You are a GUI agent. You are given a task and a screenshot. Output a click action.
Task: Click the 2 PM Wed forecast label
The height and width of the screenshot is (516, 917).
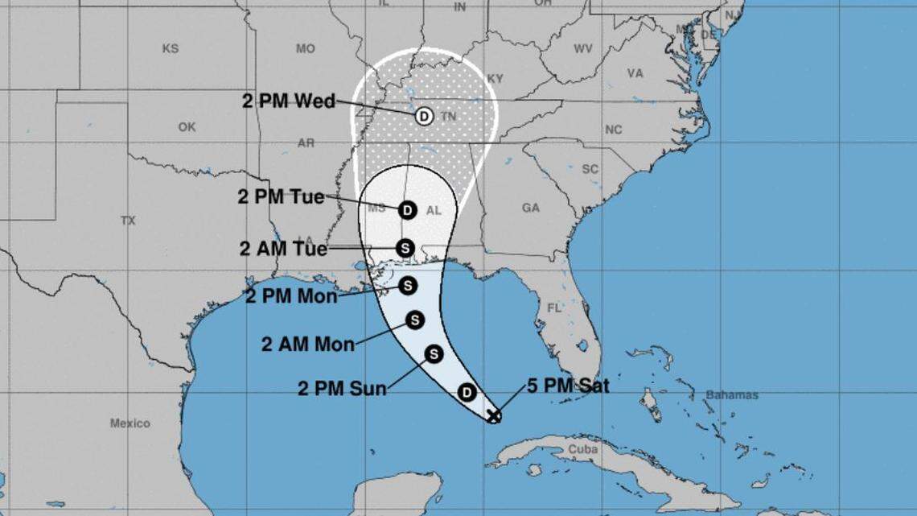pos(289,101)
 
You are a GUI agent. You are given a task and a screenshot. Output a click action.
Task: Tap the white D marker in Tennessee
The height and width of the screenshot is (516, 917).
pos(424,116)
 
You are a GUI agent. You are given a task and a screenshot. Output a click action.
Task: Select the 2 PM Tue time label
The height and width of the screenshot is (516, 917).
pos(281,196)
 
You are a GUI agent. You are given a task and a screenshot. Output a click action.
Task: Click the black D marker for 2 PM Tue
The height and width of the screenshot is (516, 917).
pos(407,210)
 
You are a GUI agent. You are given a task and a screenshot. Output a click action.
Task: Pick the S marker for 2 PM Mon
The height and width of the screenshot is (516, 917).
pos(408,285)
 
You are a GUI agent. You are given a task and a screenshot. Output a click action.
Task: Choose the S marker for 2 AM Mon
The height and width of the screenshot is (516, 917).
pos(414,320)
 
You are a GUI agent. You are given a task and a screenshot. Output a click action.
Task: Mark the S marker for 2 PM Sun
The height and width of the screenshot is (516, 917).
pos(434,353)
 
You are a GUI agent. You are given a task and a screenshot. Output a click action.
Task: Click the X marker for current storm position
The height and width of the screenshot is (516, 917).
pos(494,415)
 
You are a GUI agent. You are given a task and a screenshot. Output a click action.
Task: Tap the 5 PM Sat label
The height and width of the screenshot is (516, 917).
pos(568,386)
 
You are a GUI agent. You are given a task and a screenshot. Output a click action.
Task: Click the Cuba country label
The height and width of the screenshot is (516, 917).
pos(582,449)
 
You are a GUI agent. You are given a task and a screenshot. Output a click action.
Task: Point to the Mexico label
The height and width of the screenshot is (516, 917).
pos(130,423)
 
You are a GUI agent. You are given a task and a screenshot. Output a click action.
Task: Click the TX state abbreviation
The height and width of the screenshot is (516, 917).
pos(128,220)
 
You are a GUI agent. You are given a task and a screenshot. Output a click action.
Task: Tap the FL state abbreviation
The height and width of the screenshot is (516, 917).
pos(553,308)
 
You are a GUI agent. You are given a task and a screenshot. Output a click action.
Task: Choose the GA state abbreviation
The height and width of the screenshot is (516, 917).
pos(531,208)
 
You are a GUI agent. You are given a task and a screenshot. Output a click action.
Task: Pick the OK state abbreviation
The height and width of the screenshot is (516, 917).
pos(187,127)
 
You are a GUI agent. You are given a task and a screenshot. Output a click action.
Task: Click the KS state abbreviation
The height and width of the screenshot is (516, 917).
pos(170,48)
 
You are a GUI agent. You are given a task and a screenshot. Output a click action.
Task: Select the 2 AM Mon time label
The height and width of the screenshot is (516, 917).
pos(307,345)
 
